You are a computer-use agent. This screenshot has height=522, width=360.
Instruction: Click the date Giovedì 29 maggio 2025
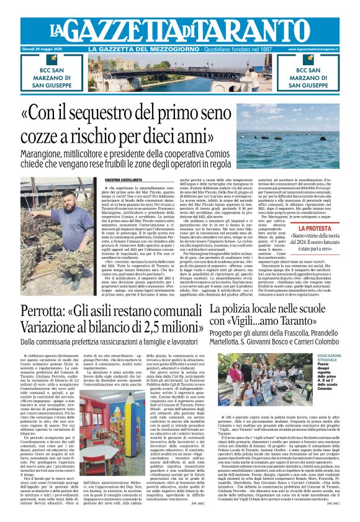43,49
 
